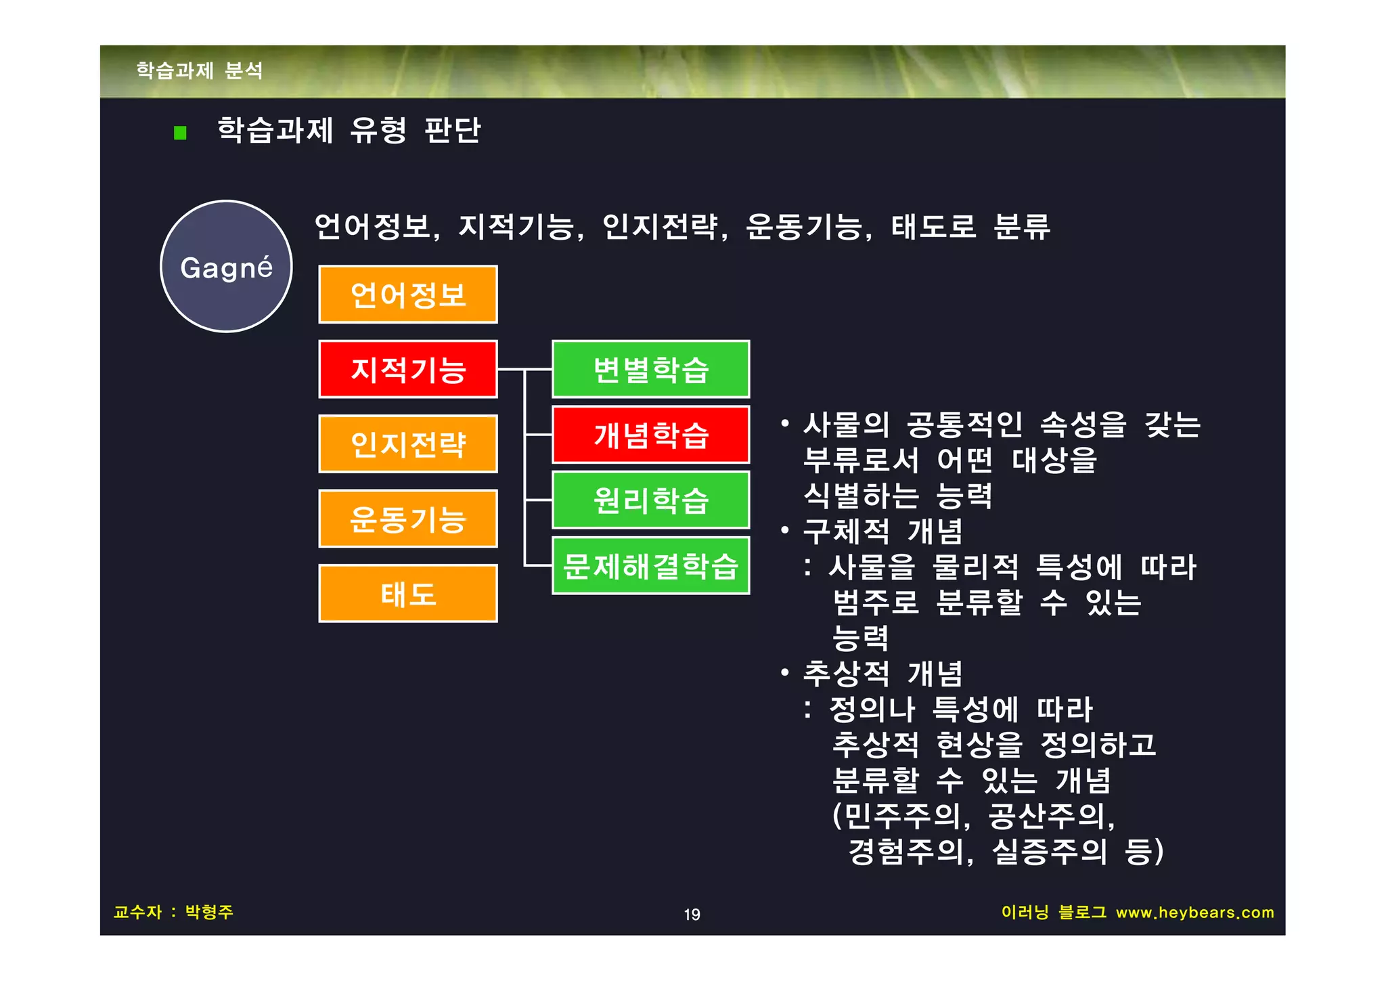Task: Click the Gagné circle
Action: [x=226, y=266]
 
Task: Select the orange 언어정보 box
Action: [x=408, y=295]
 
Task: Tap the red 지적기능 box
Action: [x=408, y=369]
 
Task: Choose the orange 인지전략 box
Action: [x=408, y=444]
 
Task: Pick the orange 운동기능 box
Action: [x=408, y=519]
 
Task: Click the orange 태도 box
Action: [x=408, y=594]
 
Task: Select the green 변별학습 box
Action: [x=650, y=369]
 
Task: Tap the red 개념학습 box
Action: [x=650, y=435]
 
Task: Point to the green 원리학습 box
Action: [x=650, y=500]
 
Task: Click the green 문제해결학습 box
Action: [x=650, y=566]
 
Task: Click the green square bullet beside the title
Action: [x=180, y=133]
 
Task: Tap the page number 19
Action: [x=692, y=915]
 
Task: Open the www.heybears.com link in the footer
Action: [x=1194, y=913]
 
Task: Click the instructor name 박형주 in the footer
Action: [x=209, y=912]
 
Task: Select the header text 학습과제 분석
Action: [x=200, y=70]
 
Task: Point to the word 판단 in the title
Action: [x=452, y=130]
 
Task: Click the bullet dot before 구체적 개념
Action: [x=785, y=530]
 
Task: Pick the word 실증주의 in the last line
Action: [x=1049, y=852]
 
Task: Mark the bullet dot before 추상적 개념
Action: [x=785, y=673]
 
